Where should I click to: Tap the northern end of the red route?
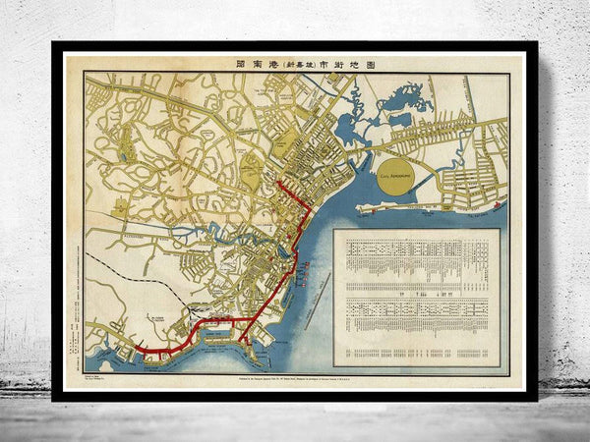(278, 182)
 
